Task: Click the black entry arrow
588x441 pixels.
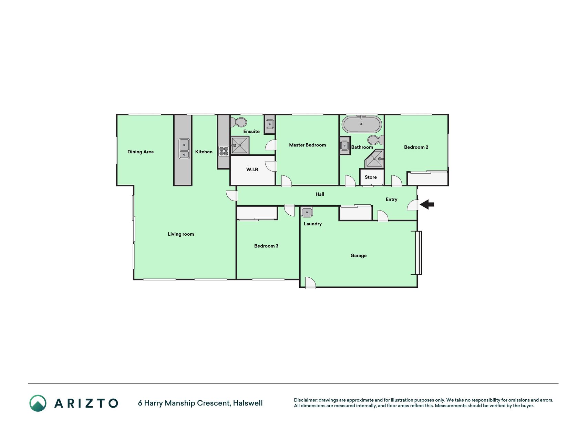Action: tap(427, 204)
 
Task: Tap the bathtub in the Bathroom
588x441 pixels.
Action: tap(361, 124)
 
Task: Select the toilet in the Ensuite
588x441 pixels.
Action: tap(239, 122)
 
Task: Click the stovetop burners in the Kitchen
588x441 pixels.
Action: tap(224, 151)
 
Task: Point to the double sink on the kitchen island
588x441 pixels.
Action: tap(184, 148)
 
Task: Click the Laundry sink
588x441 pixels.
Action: tap(307, 212)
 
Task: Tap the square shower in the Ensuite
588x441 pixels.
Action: tap(240, 145)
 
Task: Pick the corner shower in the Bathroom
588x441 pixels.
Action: tap(374, 159)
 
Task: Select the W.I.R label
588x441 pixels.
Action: tap(252, 170)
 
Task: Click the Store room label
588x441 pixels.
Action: tap(371, 177)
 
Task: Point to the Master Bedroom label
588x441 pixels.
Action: tap(308, 145)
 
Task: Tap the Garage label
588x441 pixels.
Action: tap(359, 256)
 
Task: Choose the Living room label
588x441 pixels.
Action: tap(181, 234)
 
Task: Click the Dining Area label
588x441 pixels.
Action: tap(141, 152)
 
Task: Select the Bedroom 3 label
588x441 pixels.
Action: tap(266, 246)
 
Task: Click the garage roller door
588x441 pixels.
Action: tap(419, 253)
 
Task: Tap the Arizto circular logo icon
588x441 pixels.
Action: tap(38, 403)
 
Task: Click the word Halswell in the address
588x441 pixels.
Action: tap(248, 403)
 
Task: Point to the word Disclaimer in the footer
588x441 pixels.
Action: tap(306, 400)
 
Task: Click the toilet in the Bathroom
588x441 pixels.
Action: tap(376, 140)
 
